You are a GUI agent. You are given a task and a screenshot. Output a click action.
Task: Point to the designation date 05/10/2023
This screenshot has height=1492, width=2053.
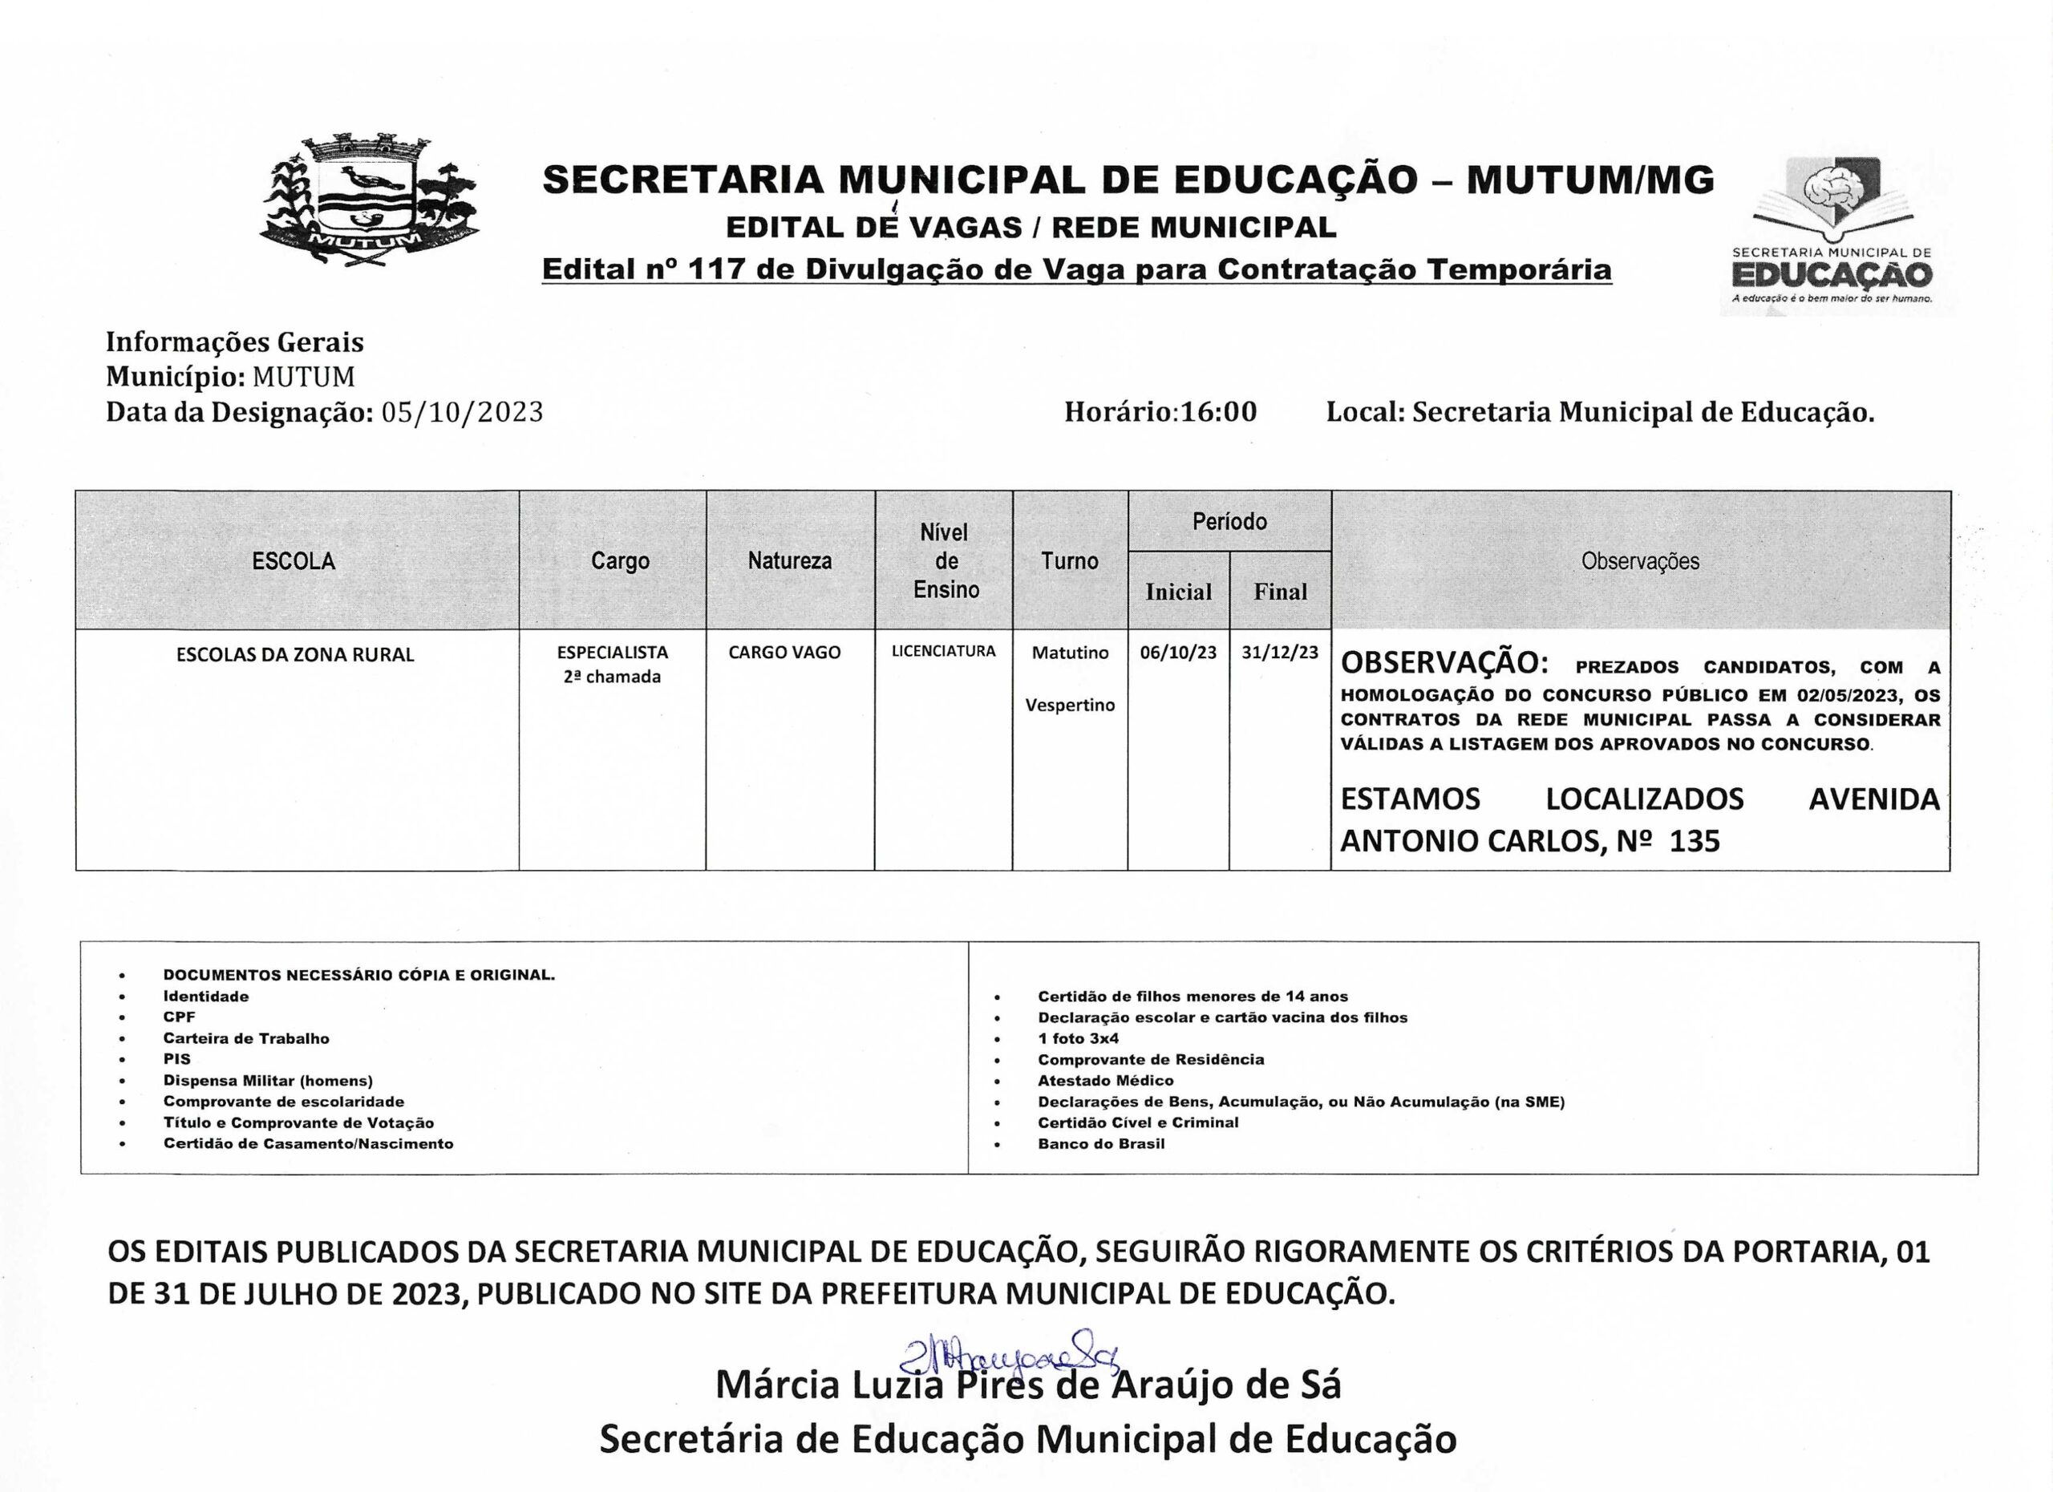click(463, 413)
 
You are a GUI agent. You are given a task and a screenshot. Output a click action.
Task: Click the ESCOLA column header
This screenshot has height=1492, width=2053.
click(294, 561)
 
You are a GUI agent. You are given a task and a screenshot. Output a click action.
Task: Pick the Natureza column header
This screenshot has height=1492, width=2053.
click(789, 561)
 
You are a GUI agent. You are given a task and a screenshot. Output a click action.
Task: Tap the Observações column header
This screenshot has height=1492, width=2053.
click(1639, 561)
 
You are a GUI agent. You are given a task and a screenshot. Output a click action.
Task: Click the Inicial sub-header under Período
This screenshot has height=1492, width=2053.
click(1178, 592)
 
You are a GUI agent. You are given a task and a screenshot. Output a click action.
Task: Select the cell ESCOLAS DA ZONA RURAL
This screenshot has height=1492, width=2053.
click(295, 655)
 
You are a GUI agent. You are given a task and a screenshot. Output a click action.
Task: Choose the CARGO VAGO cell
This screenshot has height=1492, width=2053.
click(784, 653)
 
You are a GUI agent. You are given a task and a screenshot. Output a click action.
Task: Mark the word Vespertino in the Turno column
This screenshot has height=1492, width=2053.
click(1069, 706)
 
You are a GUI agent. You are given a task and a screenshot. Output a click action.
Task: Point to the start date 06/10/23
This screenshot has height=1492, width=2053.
click(1178, 653)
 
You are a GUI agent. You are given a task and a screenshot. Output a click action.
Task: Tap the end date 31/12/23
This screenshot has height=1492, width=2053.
click(1279, 653)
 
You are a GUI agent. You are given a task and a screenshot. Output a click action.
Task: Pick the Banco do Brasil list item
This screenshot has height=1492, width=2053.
click(1101, 1144)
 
